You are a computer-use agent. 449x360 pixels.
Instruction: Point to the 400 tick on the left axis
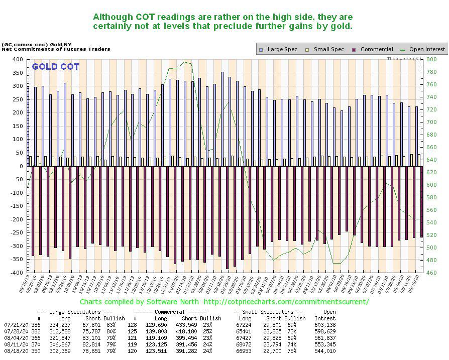coord(18,59)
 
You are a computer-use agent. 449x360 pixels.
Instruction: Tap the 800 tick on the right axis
coord(430,59)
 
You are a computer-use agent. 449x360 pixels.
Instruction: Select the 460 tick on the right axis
coord(430,273)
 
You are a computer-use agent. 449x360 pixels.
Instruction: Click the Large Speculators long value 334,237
coord(61,325)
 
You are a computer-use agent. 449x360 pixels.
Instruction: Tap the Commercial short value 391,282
coord(189,351)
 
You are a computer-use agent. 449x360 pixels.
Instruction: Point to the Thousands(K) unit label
coord(403,59)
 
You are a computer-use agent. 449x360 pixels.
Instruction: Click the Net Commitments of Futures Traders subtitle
coord(56,49)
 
